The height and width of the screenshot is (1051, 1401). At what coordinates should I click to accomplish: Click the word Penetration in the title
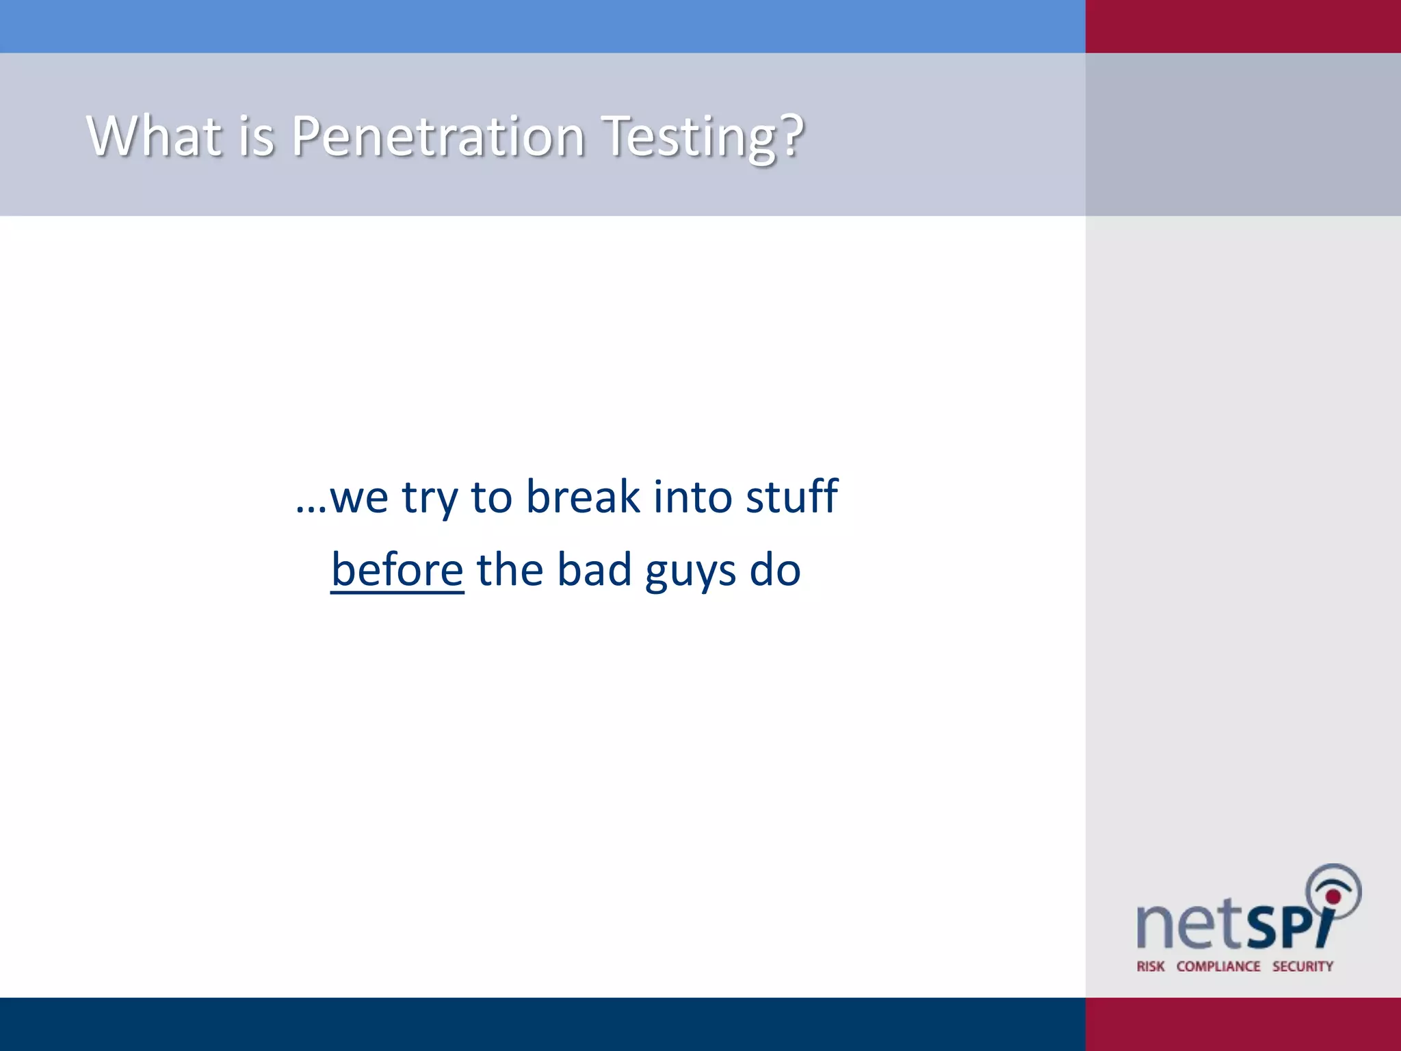point(438,135)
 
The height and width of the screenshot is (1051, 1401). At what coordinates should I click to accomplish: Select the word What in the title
point(155,135)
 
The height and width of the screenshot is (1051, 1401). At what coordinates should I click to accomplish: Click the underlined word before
point(397,569)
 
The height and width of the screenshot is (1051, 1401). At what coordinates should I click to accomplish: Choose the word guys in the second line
point(690,571)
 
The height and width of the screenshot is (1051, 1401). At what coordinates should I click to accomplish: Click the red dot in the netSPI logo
point(1333,896)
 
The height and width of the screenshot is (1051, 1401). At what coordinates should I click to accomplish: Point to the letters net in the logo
point(1188,925)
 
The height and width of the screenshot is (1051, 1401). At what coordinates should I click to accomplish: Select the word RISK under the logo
point(1150,966)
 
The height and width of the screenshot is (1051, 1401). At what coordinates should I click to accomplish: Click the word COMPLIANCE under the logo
point(1218,966)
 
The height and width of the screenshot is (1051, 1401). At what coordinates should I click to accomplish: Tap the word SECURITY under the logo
point(1302,966)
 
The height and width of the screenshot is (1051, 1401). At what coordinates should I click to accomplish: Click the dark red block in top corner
point(1243,26)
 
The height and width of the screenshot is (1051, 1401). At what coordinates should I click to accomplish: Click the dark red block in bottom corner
point(1243,1024)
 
